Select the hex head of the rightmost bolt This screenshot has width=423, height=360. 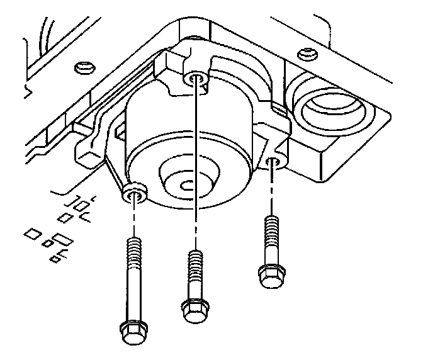269,275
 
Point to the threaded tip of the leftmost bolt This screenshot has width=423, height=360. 132,249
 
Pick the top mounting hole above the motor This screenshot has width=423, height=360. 195,79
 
